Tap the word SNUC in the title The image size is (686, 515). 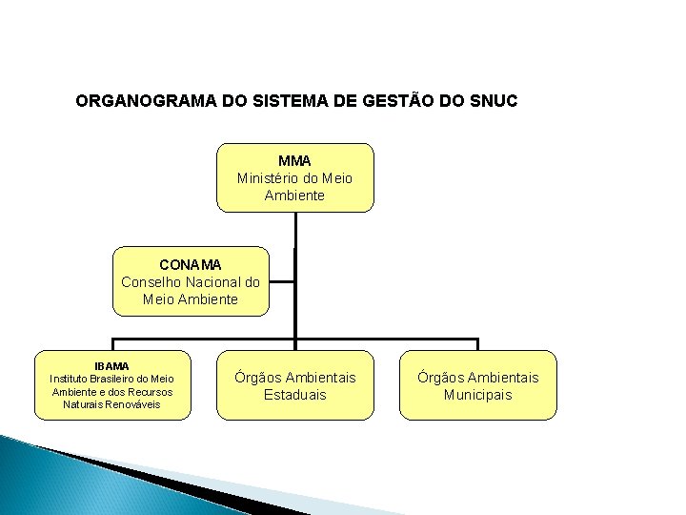[494, 101]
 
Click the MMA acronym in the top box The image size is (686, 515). [295, 160]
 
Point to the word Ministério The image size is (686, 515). [272, 177]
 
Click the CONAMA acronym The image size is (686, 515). [191, 264]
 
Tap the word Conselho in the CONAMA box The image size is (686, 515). [151, 281]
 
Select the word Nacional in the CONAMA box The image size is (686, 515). [212, 281]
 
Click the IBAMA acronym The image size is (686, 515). [112, 365]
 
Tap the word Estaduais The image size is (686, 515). [295, 395]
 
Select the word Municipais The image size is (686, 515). [477, 395]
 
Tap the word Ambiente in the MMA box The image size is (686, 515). [295, 195]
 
